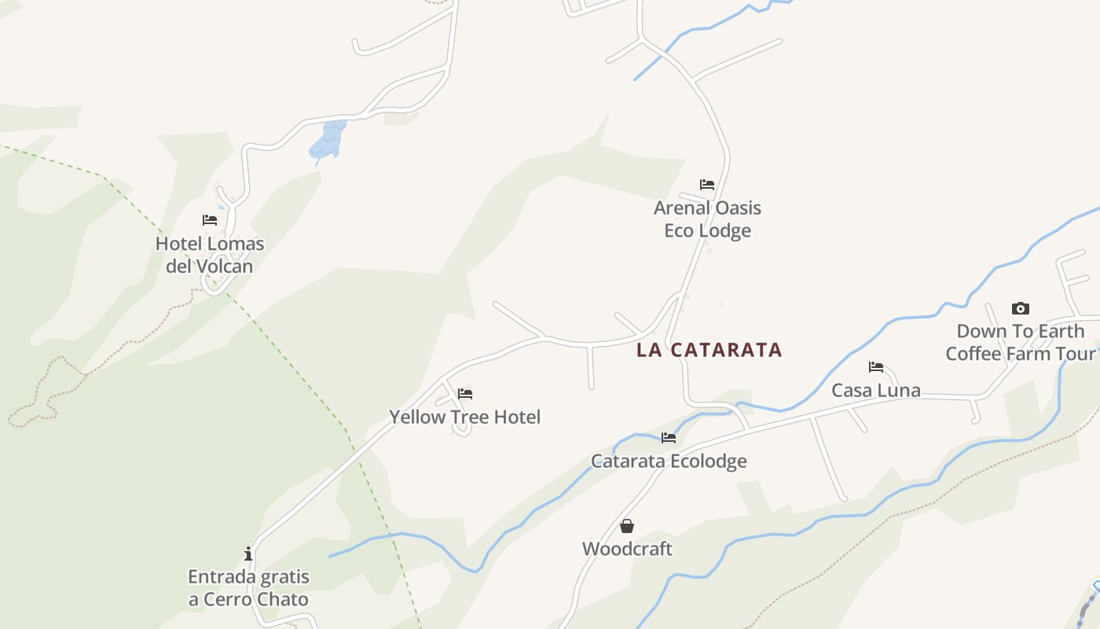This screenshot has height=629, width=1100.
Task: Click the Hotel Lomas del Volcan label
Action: point(210,255)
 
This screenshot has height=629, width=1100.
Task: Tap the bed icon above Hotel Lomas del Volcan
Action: point(210,220)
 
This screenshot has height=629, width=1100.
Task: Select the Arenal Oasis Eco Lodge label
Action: point(707,219)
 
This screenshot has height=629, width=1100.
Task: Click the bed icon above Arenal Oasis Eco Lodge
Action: point(707,185)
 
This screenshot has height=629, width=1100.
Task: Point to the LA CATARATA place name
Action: point(709,350)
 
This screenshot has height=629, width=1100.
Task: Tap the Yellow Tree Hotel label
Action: point(465,417)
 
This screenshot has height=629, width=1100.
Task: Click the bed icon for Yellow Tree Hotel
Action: point(465,394)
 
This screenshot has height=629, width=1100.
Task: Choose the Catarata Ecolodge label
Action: point(669,461)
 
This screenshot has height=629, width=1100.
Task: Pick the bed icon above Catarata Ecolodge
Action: point(669,437)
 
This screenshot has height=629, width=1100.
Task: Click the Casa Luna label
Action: point(876,390)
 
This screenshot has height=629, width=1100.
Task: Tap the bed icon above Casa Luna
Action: point(876,366)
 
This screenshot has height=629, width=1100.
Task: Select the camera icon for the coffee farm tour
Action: point(1021,308)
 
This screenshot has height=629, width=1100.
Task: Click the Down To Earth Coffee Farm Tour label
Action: point(1021,342)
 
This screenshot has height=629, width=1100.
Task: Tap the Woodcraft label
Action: point(627,549)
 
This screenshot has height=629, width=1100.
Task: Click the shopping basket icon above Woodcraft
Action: point(627,526)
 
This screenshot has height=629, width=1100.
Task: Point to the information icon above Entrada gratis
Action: point(248,554)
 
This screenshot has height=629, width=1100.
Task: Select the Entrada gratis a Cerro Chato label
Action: point(248,588)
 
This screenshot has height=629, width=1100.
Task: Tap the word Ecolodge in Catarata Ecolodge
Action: point(705,461)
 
